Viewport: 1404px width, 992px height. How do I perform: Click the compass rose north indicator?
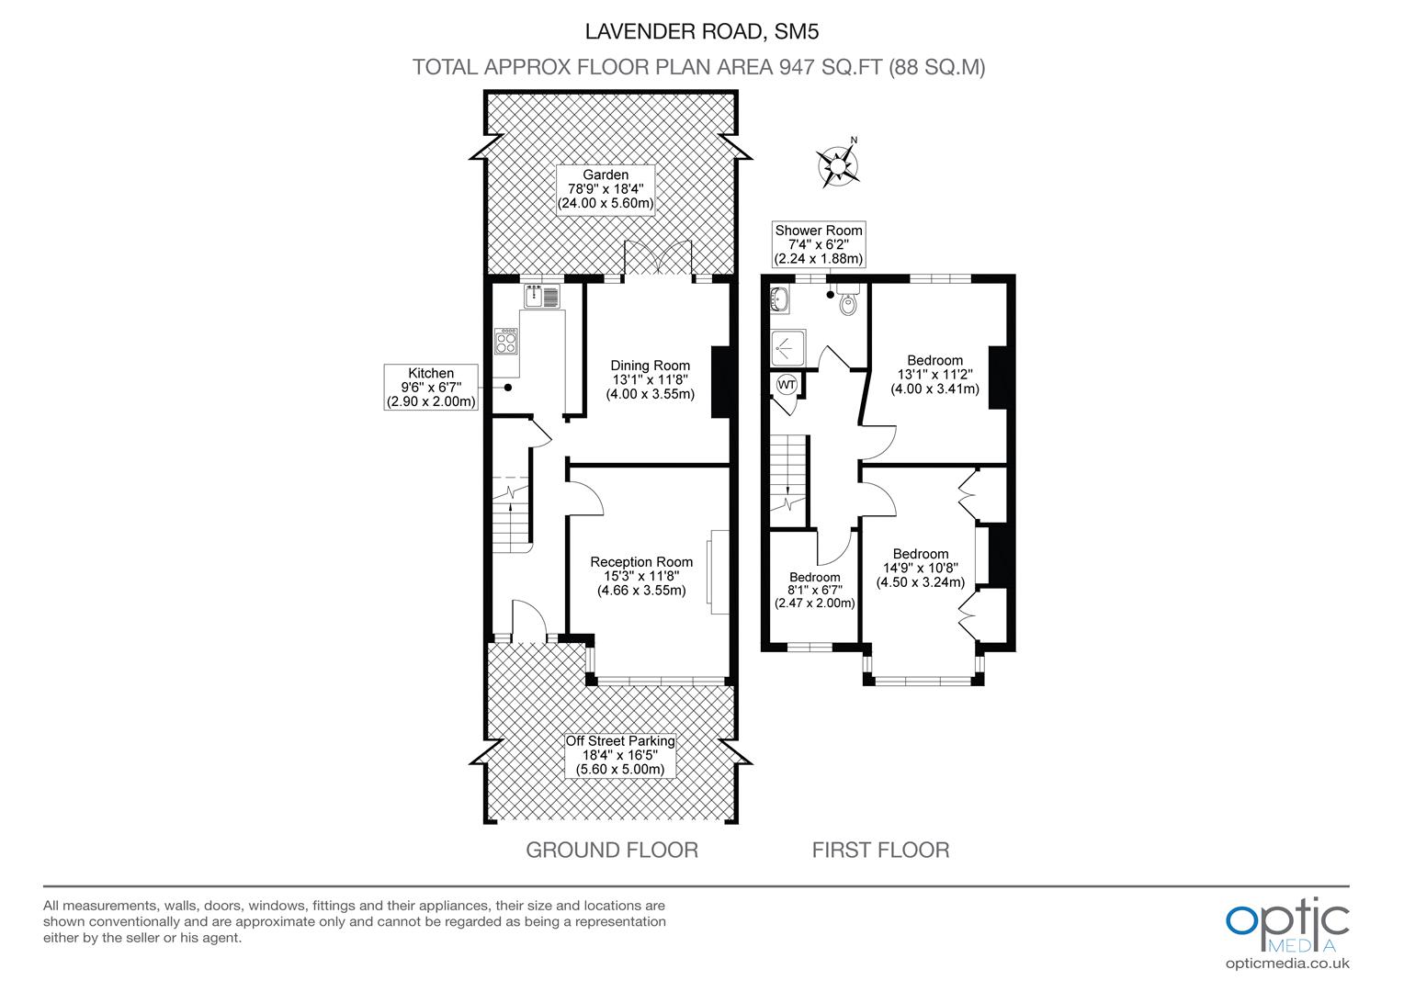(838, 165)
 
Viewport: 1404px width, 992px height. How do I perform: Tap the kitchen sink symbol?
(541, 297)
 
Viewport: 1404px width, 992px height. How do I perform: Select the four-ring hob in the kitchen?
(506, 342)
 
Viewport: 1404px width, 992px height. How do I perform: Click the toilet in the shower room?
(848, 302)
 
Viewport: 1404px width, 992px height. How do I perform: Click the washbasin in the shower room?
(780, 299)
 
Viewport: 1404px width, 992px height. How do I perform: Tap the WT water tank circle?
(787, 384)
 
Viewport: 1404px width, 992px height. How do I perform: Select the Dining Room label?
(650, 379)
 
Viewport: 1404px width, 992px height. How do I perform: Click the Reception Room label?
(641, 576)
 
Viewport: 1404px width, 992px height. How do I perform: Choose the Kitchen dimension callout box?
(431, 387)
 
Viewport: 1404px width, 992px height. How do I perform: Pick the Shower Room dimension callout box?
(819, 243)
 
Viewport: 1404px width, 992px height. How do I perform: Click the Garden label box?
(606, 189)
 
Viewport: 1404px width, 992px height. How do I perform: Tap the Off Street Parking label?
(620, 755)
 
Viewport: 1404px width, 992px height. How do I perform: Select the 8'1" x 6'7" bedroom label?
(814, 591)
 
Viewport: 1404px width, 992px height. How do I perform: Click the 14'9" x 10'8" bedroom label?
(920, 568)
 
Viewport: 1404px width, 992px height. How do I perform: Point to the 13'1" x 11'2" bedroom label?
(934, 374)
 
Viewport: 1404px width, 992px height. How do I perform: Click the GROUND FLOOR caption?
(611, 850)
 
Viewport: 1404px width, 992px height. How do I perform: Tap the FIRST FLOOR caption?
(880, 850)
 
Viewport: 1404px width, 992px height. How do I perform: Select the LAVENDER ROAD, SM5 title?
(701, 32)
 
